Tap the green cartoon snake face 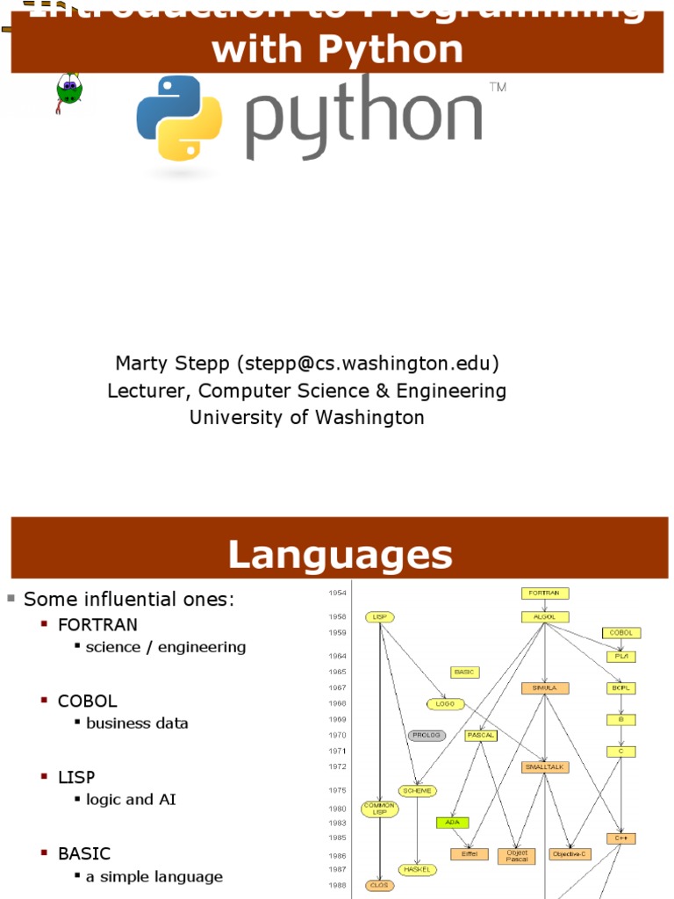(68, 88)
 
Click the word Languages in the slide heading (340, 555)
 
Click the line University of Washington (307, 418)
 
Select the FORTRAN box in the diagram (545, 593)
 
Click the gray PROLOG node (427, 735)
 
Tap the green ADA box (453, 823)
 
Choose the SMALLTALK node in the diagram (546, 766)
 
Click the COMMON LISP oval (380, 809)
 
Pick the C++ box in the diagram (620, 838)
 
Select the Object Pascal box (516, 854)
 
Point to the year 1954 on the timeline (337, 593)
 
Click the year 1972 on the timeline (337, 766)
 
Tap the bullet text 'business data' (137, 723)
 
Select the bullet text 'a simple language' (154, 876)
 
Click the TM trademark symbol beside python (498, 88)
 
